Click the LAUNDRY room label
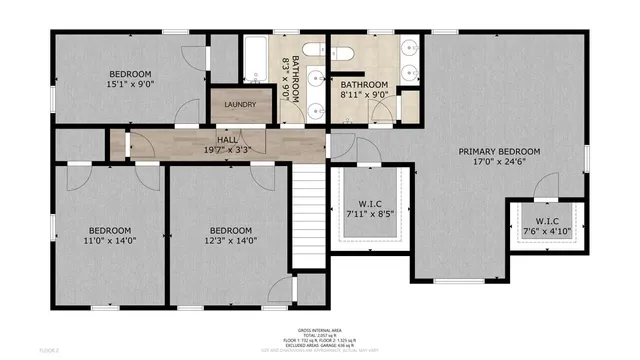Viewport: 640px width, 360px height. click(240, 104)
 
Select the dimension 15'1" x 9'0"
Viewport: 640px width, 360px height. click(130, 85)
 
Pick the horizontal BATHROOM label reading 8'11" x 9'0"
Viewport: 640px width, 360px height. click(364, 91)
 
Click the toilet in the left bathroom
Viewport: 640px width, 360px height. click(312, 49)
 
